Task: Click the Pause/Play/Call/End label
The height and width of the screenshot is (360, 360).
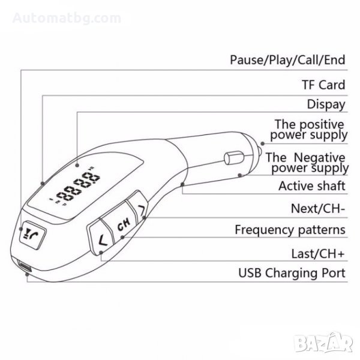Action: (287, 60)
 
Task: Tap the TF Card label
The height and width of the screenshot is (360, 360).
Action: (323, 85)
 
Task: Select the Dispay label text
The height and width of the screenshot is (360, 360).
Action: (326, 104)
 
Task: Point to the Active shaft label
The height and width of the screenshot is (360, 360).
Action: (312, 186)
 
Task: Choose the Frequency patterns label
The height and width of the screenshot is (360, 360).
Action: (290, 230)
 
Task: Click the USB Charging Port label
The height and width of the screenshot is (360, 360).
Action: (292, 274)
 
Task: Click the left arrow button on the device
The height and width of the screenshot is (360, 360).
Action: (101, 242)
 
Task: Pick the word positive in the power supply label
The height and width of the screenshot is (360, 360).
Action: (319, 124)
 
